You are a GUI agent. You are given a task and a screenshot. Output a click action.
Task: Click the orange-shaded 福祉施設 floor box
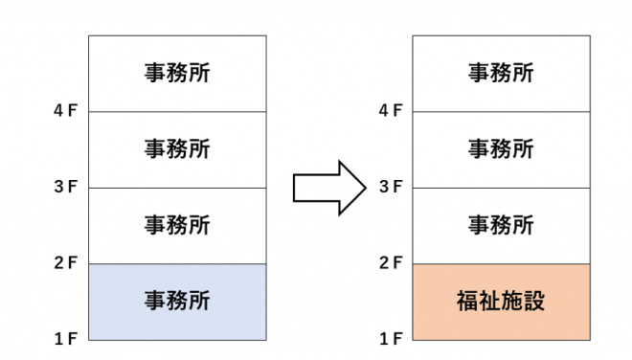point(501,302)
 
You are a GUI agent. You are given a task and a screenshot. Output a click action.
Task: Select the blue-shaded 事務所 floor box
point(177,302)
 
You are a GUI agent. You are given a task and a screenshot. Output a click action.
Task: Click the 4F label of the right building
point(390,111)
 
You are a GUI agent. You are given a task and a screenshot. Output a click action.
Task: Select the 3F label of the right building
point(390,188)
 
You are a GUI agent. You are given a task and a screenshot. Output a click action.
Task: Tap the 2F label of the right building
point(390,263)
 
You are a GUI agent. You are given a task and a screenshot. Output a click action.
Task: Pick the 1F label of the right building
point(390,339)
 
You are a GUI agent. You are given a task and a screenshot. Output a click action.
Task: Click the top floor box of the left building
point(177,74)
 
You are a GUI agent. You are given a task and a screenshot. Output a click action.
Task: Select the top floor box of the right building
point(501,74)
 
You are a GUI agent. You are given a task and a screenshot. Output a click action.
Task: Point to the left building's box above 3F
point(177,149)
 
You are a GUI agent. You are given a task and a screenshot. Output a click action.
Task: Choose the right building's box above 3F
point(501,149)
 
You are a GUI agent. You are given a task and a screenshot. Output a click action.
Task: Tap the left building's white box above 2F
point(177,226)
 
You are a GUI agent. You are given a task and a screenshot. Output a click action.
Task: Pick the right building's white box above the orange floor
point(501,226)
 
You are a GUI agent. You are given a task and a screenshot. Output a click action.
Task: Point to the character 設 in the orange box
point(533,302)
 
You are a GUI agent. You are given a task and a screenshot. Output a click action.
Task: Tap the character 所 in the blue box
point(199,302)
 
